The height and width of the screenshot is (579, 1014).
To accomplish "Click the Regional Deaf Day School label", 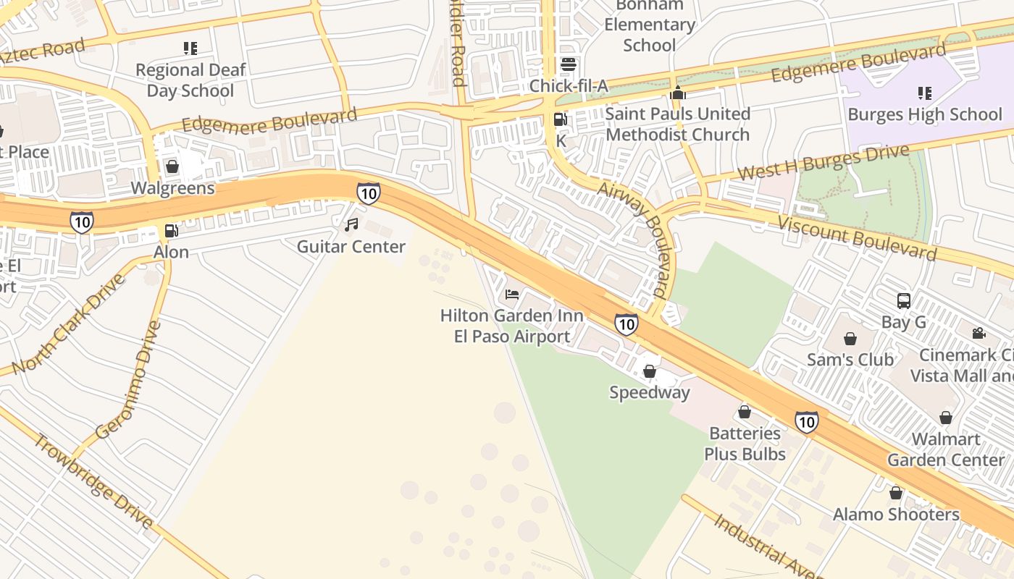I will coord(190,80).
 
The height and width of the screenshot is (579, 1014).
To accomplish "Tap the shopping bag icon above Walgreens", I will coord(172,166).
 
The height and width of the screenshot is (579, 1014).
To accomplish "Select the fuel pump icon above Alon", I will coord(172,231).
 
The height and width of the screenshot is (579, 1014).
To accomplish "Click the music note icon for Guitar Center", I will coord(351,225).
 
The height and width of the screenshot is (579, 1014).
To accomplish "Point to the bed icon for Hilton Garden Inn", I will coord(512,295).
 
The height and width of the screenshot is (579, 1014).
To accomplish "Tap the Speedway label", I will coord(649,392).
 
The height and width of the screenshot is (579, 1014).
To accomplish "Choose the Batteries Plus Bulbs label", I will coord(745,444).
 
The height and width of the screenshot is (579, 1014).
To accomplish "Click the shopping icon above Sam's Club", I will coord(850,339).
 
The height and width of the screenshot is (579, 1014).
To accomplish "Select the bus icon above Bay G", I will coord(903,300).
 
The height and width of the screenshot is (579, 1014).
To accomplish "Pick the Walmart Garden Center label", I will coord(946,449).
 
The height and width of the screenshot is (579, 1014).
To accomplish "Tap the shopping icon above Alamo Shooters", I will coord(896,493).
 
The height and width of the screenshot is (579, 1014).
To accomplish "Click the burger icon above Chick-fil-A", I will coord(569,64).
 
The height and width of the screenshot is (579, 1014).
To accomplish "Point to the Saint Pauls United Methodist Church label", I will coord(677,124).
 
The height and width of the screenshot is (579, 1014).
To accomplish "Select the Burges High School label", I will coord(924,114).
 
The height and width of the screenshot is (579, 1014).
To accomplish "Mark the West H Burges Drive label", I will coord(823,162).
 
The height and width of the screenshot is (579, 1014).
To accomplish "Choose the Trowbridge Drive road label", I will coord(93,481).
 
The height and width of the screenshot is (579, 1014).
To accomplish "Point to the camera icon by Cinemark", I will coord(979,333).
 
